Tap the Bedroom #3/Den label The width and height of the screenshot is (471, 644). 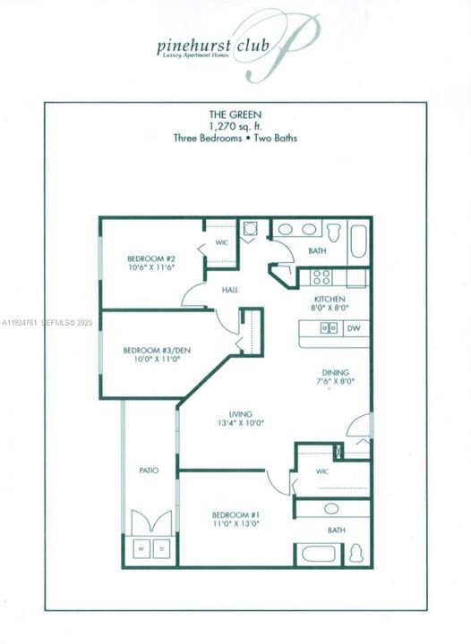(146, 350)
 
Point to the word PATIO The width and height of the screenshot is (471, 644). (149, 470)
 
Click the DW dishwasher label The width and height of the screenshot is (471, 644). (354, 328)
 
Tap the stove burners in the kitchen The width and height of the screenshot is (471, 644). (322, 277)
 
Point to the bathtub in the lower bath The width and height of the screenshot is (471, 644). (318, 553)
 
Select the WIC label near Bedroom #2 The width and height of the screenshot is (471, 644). (222, 241)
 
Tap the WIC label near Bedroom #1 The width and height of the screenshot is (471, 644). (321, 472)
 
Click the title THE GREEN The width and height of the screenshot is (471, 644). (235, 114)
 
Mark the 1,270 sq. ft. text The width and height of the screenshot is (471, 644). (235, 126)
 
